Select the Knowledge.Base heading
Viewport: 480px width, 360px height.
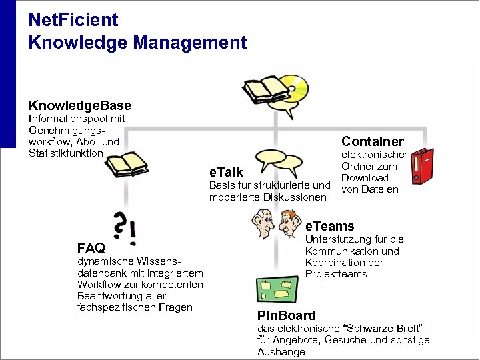80,106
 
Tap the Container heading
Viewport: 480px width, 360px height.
373,141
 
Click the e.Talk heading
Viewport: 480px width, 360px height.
227,173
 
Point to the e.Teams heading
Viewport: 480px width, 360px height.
330,227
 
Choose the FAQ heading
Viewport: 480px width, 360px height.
91,249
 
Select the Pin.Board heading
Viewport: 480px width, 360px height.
287,315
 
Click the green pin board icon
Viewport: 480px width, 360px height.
278,290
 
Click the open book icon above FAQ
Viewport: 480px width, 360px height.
127,164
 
